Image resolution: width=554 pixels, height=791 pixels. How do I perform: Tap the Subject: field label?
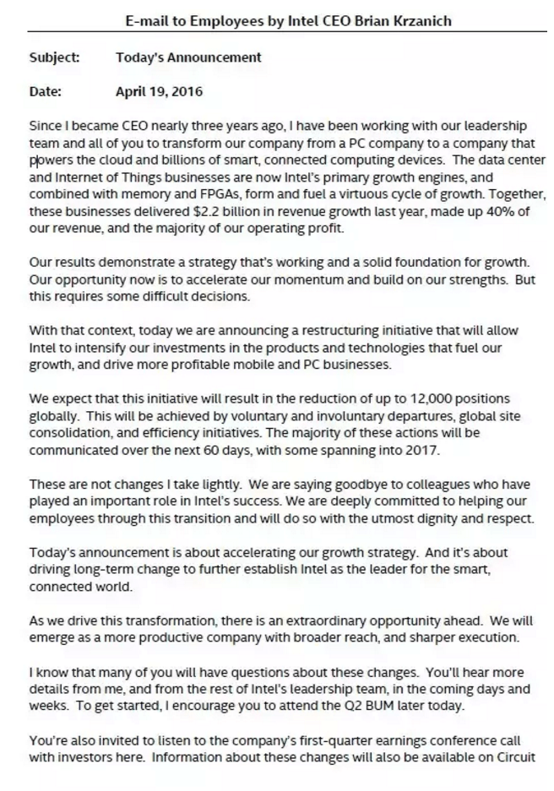55,57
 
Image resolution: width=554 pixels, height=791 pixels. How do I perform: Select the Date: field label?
46,91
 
